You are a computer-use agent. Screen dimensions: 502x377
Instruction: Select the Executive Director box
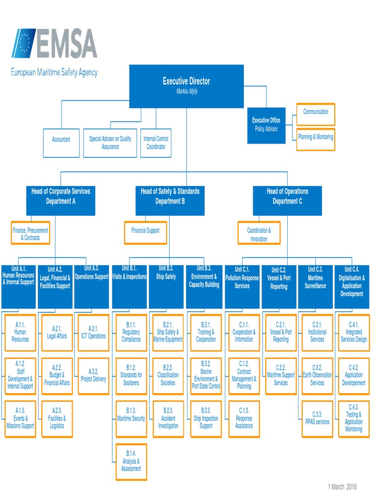click(x=186, y=86)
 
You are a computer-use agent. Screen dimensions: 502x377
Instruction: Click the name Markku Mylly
click(x=187, y=92)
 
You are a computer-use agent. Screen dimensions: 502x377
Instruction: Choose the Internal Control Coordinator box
click(x=156, y=143)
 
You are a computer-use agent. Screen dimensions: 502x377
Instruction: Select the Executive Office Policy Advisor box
click(x=266, y=125)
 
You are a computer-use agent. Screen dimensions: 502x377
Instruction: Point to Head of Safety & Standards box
click(x=170, y=201)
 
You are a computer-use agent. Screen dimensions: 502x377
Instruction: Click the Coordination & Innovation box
click(x=259, y=234)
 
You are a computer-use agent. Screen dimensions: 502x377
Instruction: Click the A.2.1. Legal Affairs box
click(x=57, y=333)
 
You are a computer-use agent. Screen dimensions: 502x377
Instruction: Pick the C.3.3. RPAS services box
click(x=317, y=419)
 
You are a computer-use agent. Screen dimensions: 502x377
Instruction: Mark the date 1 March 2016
click(x=342, y=487)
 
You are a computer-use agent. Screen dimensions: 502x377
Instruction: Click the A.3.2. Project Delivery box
click(x=93, y=376)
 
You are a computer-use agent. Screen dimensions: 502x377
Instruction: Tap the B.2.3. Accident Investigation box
click(x=168, y=419)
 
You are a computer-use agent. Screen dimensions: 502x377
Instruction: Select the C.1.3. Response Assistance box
click(x=244, y=419)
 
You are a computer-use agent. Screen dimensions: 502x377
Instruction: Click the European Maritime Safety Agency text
click(x=54, y=73)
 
